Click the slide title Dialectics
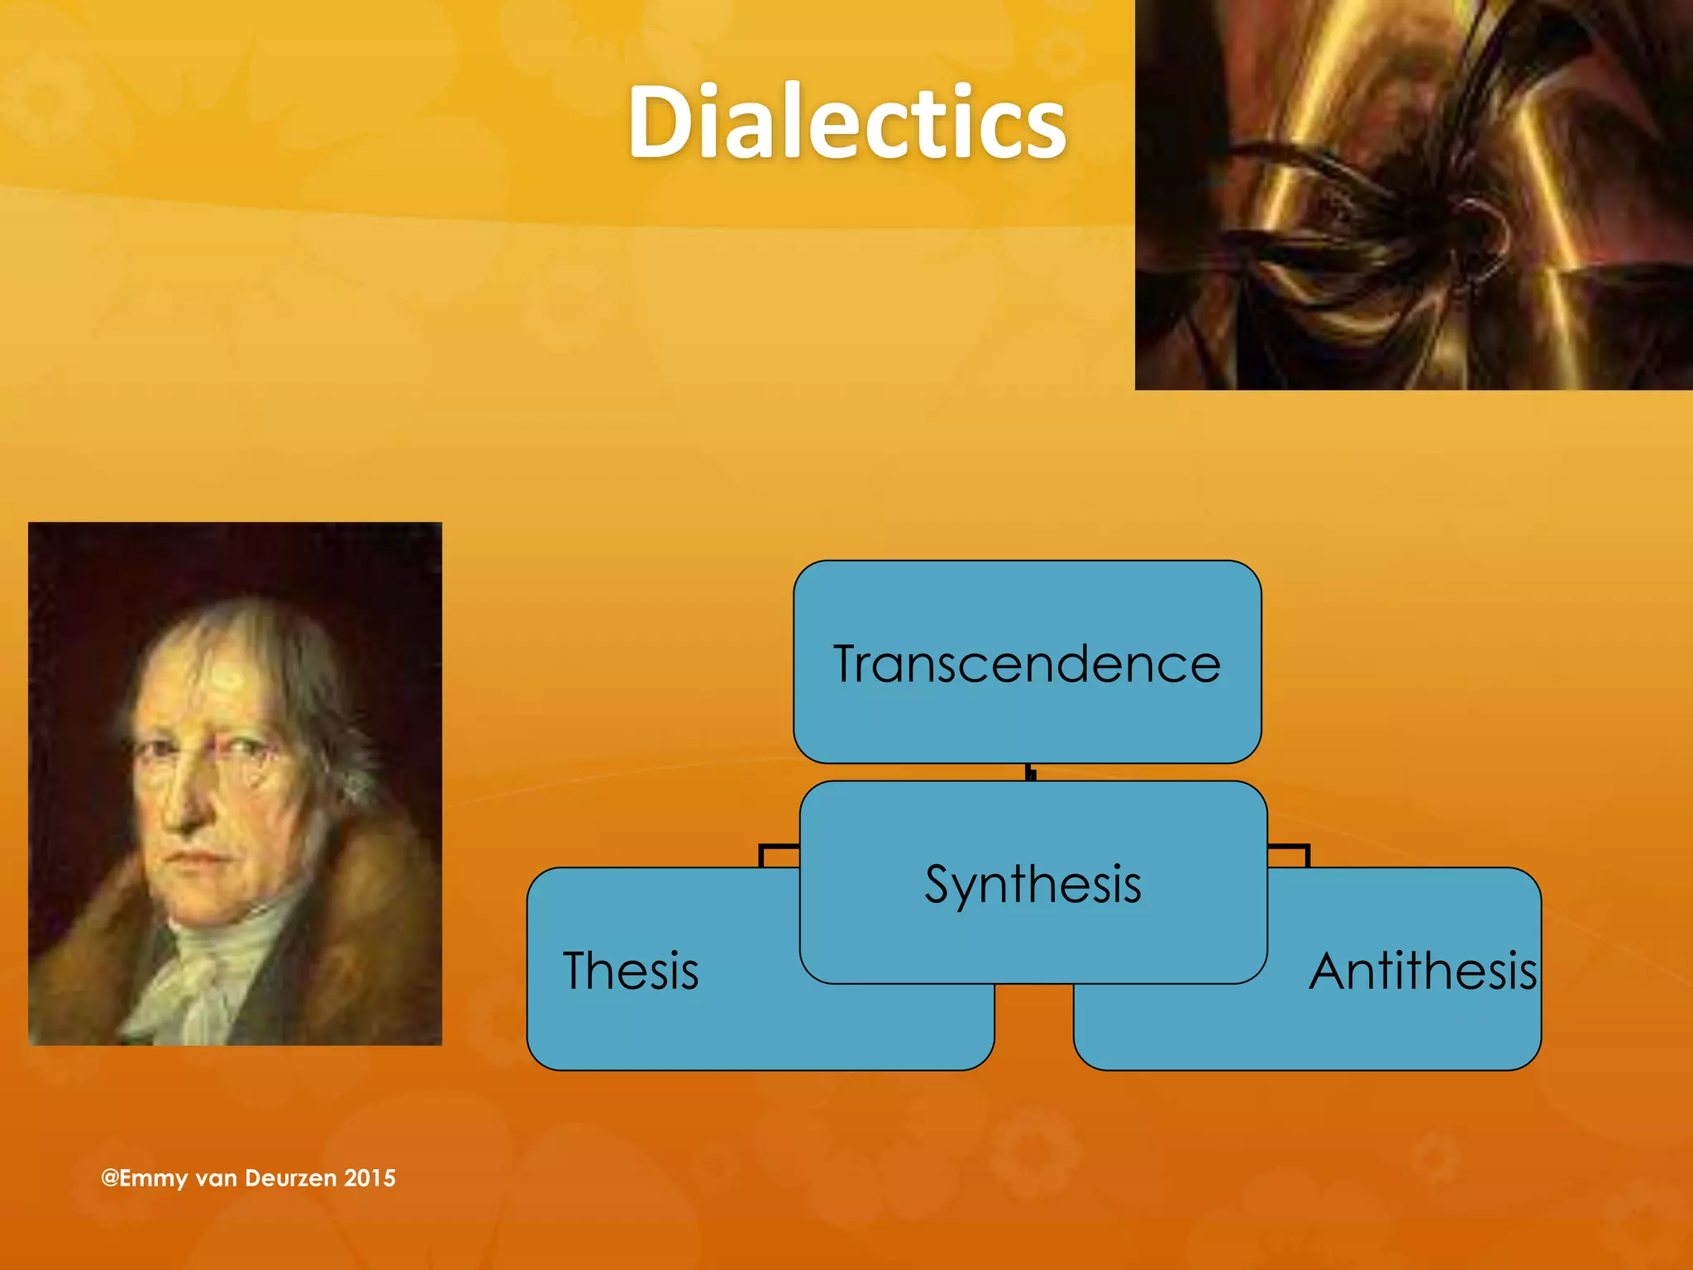tap(846, 122)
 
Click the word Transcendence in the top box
tap(1027, 664)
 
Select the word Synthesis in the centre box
tap(1032, 884)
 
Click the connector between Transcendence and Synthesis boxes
tap(1030, 772)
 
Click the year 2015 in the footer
tap(370, 1177)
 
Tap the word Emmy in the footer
tap(154, 1177)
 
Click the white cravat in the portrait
tap(207, 967)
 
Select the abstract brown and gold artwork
tap(1414, 194)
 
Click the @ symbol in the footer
tap(109, 1177)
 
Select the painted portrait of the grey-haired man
tap(235, 783)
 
